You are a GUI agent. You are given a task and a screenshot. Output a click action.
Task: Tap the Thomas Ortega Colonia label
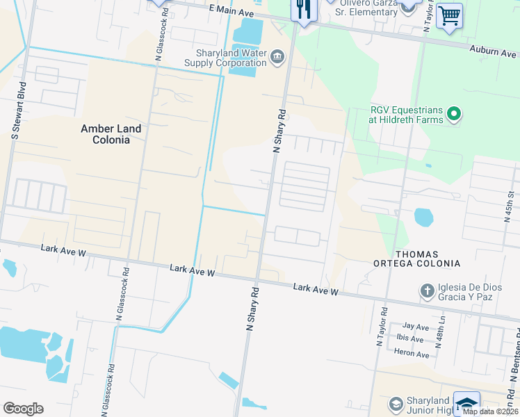[427, 259]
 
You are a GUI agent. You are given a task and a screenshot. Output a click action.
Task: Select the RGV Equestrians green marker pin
[455, 113]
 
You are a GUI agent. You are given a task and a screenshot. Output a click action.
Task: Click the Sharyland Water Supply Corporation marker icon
[277, 56]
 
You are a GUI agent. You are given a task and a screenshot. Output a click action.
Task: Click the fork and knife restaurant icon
[303, 10]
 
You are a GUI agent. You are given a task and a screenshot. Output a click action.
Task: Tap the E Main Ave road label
[231, 12]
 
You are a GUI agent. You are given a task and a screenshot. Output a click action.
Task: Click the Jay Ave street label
[416, 326]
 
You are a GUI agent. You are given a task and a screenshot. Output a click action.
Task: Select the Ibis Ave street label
[410, 339]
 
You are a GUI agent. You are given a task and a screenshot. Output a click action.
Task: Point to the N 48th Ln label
[440, 332]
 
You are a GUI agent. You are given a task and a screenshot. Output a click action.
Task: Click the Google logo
[23, 409]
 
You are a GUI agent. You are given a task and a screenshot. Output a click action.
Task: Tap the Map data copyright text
[490, 411]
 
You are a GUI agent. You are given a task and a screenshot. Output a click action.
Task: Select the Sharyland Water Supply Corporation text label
[225, 57]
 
